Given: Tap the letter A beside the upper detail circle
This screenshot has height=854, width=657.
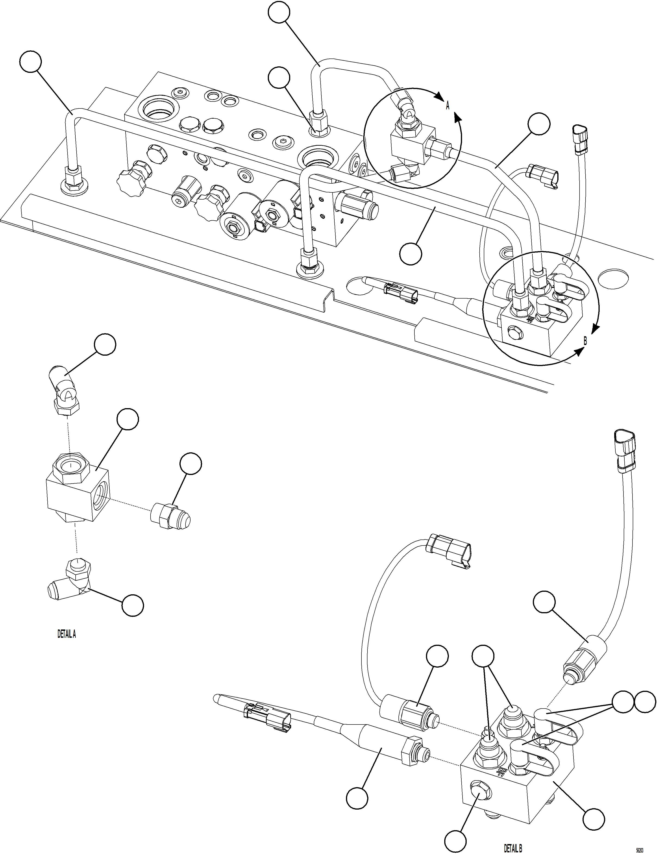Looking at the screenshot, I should tap(448, 106).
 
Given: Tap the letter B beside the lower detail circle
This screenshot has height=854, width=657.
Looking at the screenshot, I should tap(585, 341).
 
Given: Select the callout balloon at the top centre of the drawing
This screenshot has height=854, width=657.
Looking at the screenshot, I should tap(279, 13).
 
